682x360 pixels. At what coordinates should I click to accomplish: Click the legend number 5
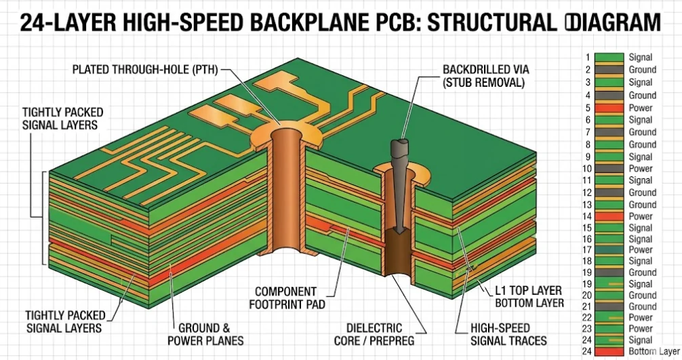click(587, 108)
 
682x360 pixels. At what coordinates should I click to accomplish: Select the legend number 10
click(587, 168)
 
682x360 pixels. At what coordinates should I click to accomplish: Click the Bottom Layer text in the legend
click(654, 351)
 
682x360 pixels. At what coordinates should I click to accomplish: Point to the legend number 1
click(587, 58)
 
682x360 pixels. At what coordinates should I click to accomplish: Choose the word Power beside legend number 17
click(641, 249)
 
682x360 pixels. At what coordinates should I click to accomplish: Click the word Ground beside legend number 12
click(642, 193)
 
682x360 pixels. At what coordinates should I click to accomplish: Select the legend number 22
click(587, 317)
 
